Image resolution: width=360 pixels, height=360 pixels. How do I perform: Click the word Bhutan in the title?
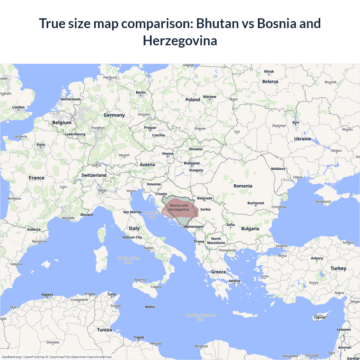point(217,23)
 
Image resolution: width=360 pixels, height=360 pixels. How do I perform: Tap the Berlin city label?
point(141,93)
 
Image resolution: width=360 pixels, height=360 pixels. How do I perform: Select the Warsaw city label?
point(210,97)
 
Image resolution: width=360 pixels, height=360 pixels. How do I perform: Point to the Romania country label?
point(243,186)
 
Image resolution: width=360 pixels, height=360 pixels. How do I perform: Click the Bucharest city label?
point(256,203)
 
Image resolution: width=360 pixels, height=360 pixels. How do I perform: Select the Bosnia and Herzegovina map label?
point(179,208)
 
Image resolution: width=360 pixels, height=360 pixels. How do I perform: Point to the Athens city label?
point(234,281)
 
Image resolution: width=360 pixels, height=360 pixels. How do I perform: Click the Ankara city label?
point(317,258)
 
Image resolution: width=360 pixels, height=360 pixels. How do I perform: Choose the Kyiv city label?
point(296,123)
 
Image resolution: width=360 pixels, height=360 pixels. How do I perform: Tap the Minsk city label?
point(269,71)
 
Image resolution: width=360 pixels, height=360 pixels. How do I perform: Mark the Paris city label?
point(41,145)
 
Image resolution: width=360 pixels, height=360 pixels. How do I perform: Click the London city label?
point(18,107)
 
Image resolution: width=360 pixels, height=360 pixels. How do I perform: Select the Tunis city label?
point(112,294)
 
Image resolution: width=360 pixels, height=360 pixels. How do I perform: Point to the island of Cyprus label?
point(319,318)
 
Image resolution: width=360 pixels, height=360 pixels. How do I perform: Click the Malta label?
point(150,307)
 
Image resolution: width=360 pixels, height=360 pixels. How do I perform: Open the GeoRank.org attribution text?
point(11,357)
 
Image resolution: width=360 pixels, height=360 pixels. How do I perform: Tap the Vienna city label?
point(168,154)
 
